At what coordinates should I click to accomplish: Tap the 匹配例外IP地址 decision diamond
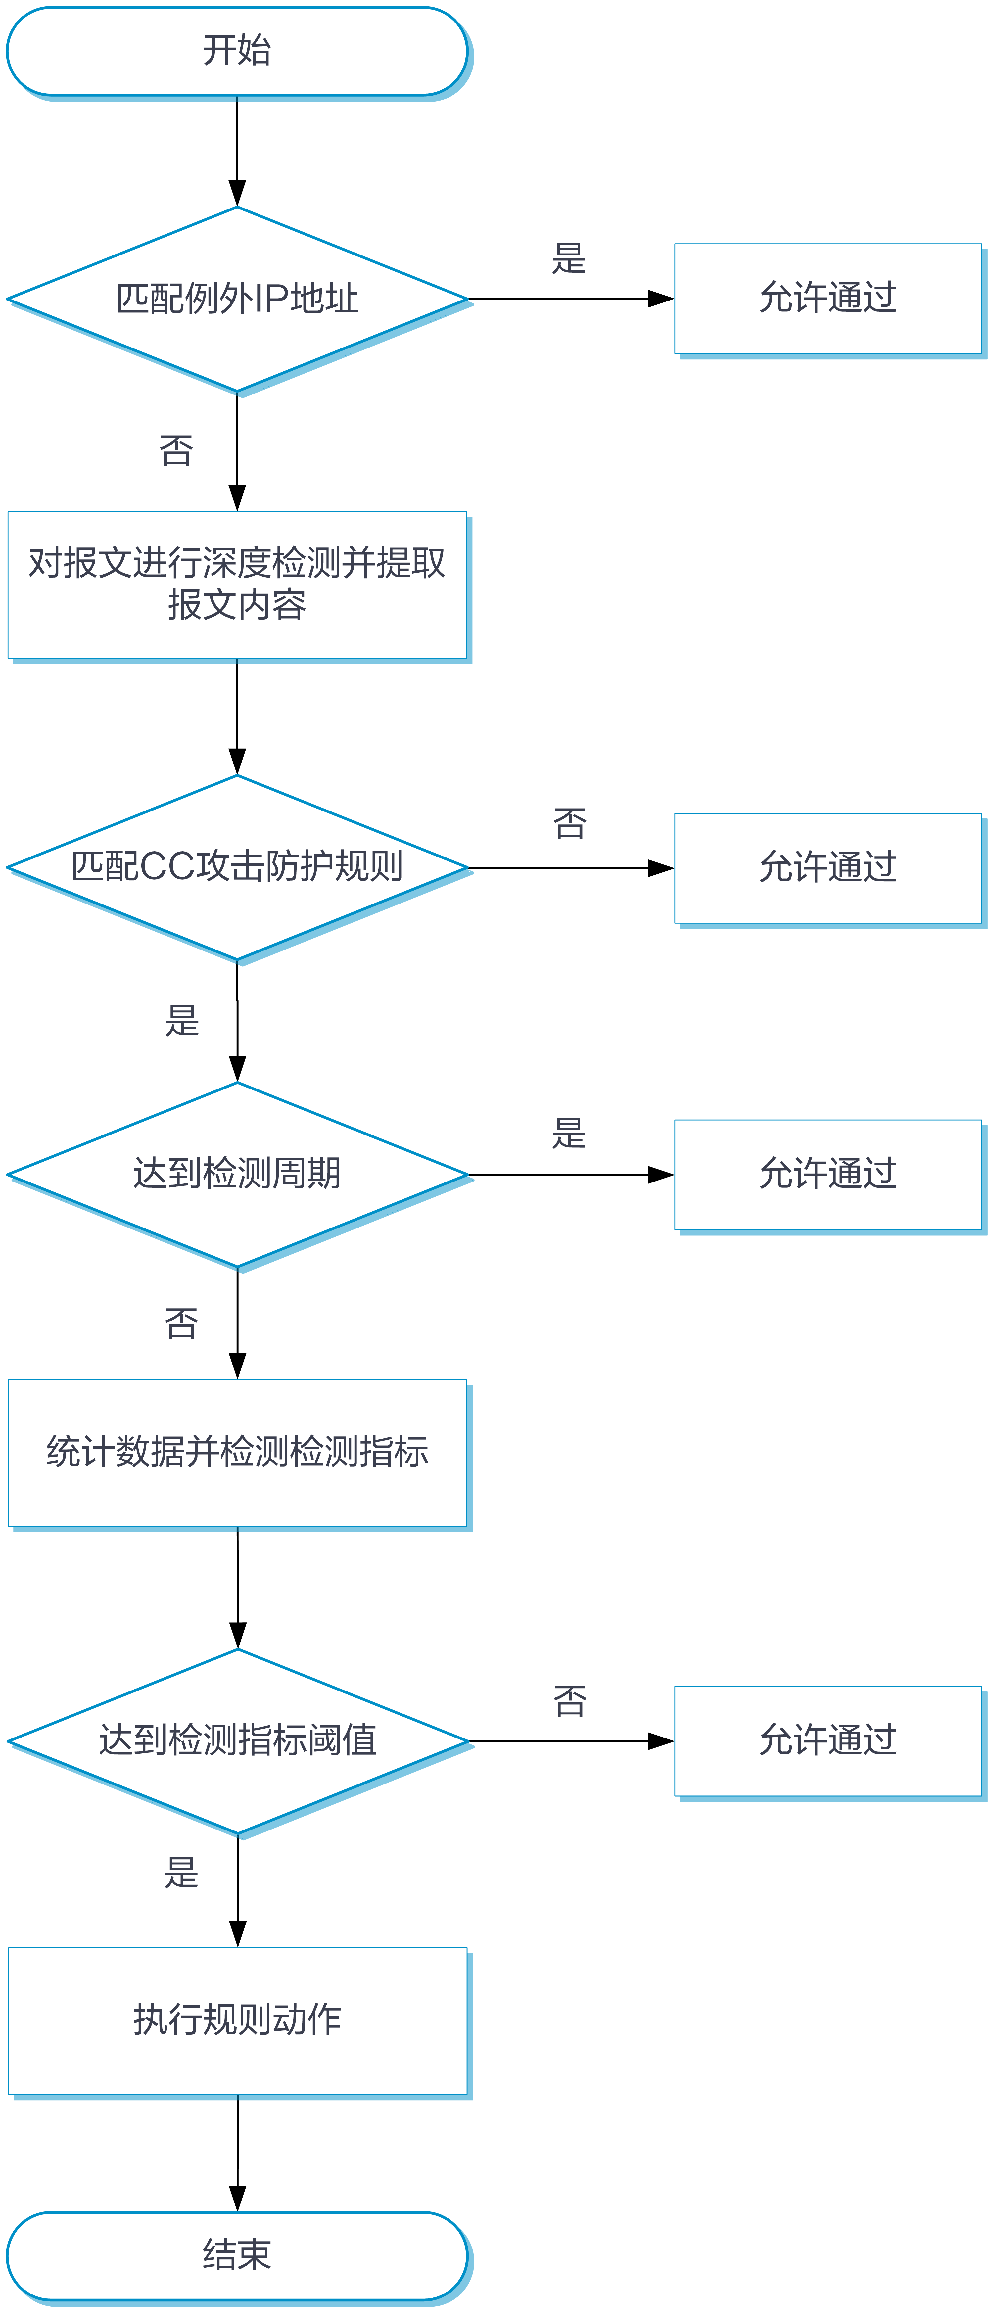[x=237, y=299]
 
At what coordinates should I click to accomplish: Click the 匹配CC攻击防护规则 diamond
[x=237, y=867]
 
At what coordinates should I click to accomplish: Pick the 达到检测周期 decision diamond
[x=237, y=1174]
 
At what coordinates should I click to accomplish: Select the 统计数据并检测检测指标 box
[x=237, y=1453]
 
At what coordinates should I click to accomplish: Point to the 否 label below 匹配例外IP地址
[x=176, y=451]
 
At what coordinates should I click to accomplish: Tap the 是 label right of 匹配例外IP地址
[x=568, y=258]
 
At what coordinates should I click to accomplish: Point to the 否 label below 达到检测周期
[x=181, y=1323]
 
